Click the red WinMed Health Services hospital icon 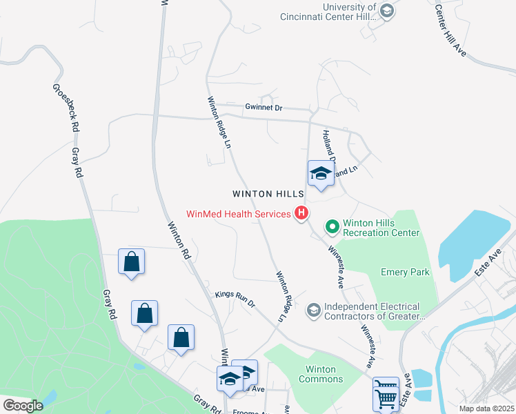[x=301, y=214]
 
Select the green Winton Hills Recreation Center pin [x=332, y=226]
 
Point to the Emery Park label [x=406, y=272]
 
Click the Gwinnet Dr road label [x=264, y=108]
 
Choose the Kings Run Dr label [x=235, y=299]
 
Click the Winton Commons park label [x=320, y=374]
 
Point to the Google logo [x=23, y=406]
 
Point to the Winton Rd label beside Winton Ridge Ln [x=178, y=239]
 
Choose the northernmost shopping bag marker [x=131, y=262]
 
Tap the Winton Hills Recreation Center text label [x=381, y=228]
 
